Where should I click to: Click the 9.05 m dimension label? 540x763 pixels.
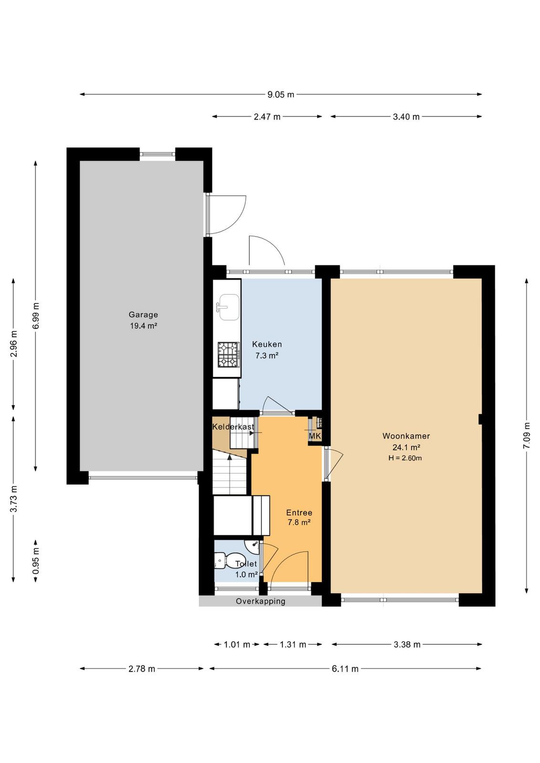[x=280, y=95]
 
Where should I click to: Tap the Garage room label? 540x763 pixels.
[x=143, y=314]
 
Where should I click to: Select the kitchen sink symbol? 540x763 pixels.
[x=228, y=307]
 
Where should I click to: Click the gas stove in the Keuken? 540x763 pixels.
[x=228, y=355]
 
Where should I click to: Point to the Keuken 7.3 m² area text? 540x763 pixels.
[x=267, y=356]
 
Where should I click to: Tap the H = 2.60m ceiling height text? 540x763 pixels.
[x=405, y=458]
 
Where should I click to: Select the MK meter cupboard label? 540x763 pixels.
[x=315, y=436]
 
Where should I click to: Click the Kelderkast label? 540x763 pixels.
[x=233, y=426]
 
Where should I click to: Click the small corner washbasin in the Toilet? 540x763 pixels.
[x=253, y=546]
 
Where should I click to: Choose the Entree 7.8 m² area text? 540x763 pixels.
[x=299, y=522]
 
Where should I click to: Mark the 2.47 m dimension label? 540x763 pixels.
[x=267, y=117]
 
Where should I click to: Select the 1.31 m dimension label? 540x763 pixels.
[x=293, y=644]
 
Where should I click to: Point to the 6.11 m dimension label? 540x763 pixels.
[x=345, y=669]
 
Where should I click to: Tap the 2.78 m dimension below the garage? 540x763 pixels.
[x=142, y=669]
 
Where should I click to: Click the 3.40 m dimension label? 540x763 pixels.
[x=406, y=117]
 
